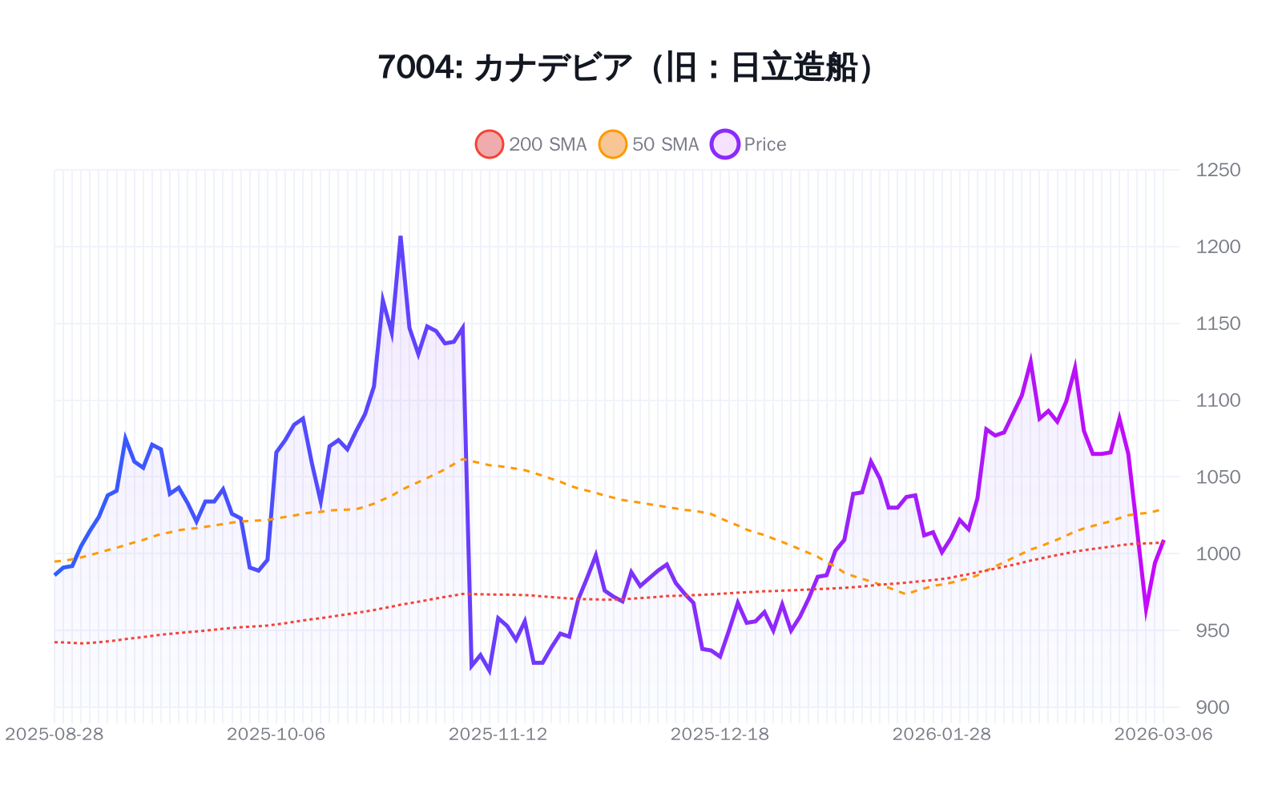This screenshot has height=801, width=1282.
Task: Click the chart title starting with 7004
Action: [x=625, y=67]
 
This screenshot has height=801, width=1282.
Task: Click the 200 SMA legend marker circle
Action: [x=490, y=144]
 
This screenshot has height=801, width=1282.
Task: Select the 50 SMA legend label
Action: [x=665, y=144]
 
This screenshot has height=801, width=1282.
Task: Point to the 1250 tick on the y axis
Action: [x=1217, y=170]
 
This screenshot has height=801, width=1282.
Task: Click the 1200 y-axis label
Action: [x=1217, y=247]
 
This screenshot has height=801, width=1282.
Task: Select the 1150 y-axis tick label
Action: [x=1217, y=324]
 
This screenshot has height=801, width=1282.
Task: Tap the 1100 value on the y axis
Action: [x=1217, y=400]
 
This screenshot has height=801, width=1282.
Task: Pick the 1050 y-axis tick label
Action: [x=1217, y=477]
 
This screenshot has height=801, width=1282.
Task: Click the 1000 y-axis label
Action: [x=1217, y=553]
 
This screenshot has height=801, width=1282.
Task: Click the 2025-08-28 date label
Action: [x=54, y=735]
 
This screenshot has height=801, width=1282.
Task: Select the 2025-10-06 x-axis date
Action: [x=276, y=735]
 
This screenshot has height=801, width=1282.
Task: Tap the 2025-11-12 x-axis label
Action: [x=498, y=735]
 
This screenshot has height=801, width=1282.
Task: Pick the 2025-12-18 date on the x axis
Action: [x=720, y=735]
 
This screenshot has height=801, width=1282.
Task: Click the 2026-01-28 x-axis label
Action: [x=941, y=735]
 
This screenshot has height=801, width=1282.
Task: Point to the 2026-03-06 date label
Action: [x=1163, y=735]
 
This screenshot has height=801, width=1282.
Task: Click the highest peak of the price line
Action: [x=401, y=237]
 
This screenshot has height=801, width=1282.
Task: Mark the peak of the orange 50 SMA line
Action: [x=464, y=459]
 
